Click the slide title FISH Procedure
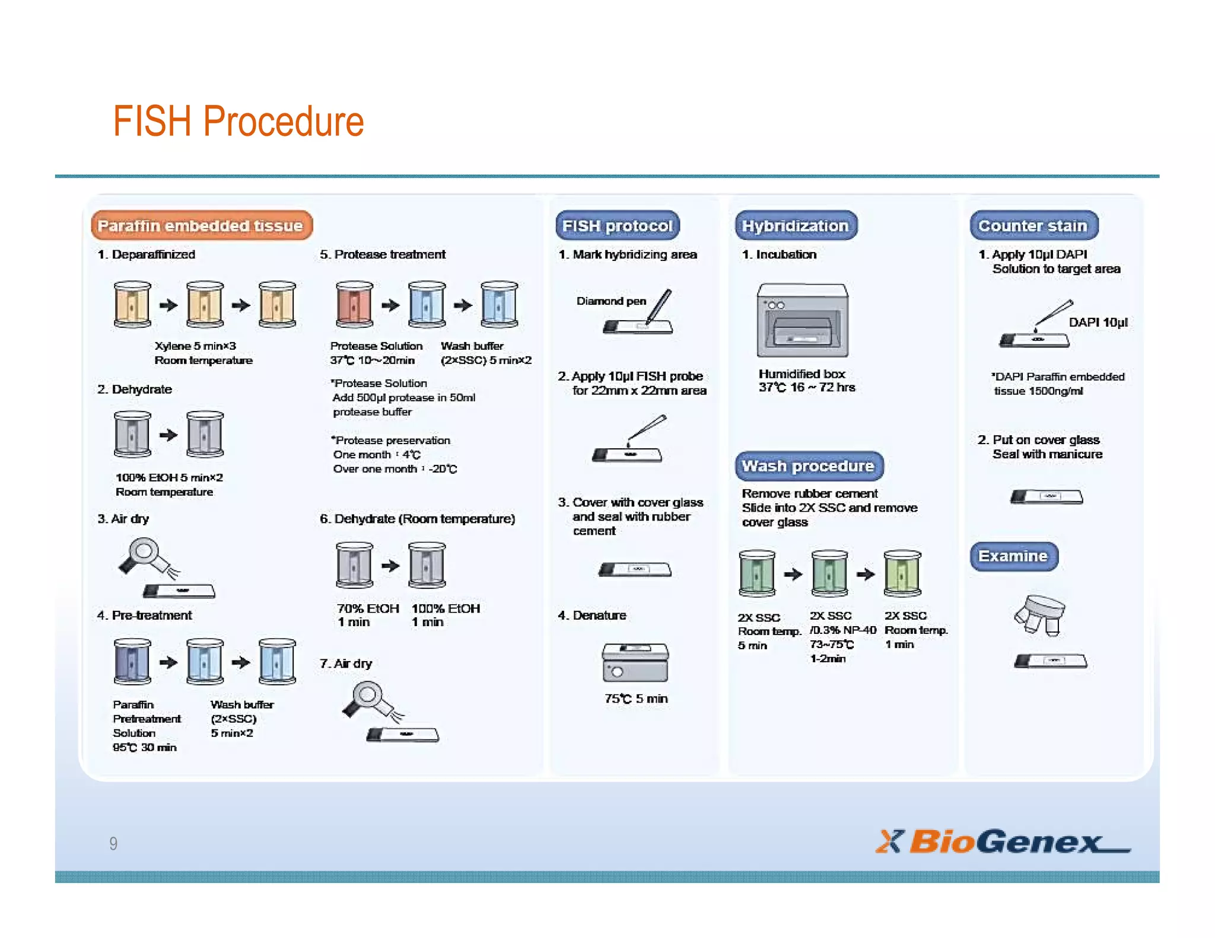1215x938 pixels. pyautogui.click(x=238, y=122)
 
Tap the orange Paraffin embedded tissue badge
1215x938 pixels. pyautogui.click(x=201, y=226)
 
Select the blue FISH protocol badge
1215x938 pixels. pyautogui.click(x=617, y=226)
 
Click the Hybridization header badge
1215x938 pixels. pyautogui.click(x=796, y=226)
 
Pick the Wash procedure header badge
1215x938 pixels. pyautogui.click(x=808, y=466)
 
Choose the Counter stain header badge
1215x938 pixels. pyautogui.click(x=1033, y=226)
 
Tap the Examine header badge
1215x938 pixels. pyautogui.click(x=1013, y=556)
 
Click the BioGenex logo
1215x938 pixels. pyautogui.click(x=1002, y=841)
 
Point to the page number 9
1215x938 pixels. pyautogui.click(x=113, y=843)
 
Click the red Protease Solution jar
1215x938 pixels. pyautogui.click(x=354, y=305)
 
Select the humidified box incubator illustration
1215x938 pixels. pyautogui.click(x=802, y=320)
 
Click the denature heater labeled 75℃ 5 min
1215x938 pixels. pyautogui.click(x=635, y=662)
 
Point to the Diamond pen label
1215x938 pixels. pyautogui.click(x=611, y=301)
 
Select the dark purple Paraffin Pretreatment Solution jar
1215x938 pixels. pyautogui.click(x=132, y=662)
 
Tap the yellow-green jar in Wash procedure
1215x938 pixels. pyautogui.click(x=902, y=573)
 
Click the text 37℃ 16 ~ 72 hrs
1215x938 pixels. pyautogui.click(x=806, y=388)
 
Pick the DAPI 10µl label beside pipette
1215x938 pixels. pyautogui.click(x=1098, y=323)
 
